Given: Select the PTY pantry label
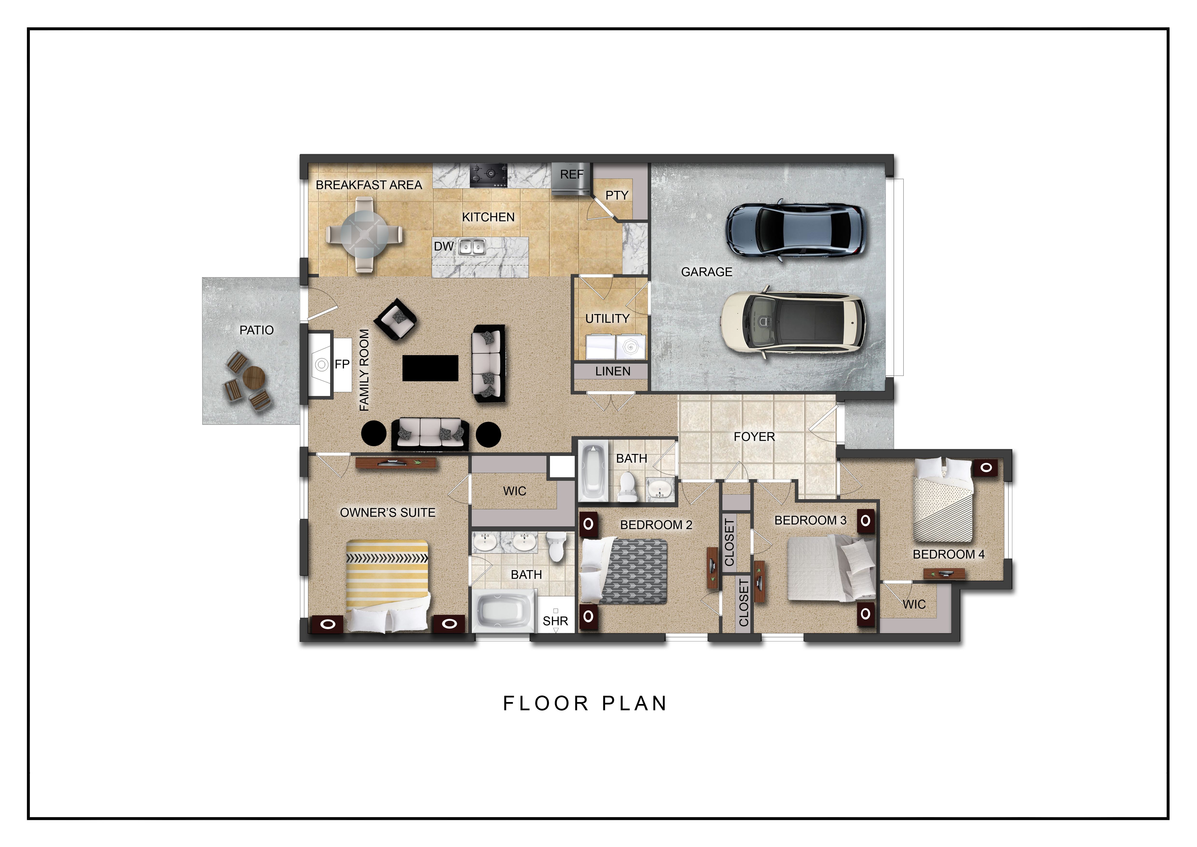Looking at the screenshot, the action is tap(617, 195).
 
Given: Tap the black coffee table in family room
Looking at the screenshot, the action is tap(430, 368).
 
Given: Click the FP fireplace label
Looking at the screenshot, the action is tap(342, 364).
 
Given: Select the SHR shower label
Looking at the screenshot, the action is tap(555, 621).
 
